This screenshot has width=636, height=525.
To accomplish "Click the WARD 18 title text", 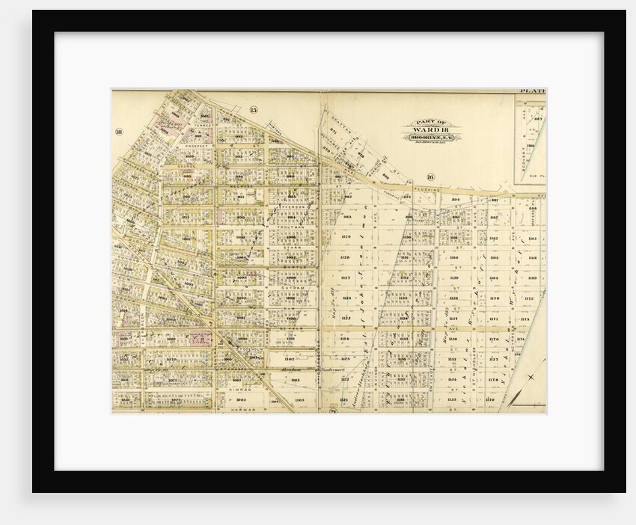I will [x=432, y=130].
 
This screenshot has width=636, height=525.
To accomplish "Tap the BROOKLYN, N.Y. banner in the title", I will [x=432, y=138].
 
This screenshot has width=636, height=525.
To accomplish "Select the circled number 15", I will [x=253, y=111].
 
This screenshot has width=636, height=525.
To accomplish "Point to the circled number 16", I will [x=430, y=177].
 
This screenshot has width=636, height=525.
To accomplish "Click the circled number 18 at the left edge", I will [x=118, y=132].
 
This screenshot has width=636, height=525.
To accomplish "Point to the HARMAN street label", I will [x=245, y=410].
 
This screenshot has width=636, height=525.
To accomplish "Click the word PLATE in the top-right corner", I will [x=532, y=91].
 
